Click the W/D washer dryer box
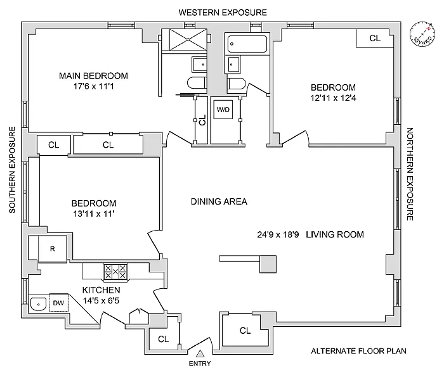[223, 110]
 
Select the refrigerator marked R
[53, 249]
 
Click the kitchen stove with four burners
[115, 272]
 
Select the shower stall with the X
[190, 40]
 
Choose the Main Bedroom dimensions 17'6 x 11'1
[93, 87]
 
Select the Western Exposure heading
[223, 12]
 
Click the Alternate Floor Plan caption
[358, 351]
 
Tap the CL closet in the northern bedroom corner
[375, 38]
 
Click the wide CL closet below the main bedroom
[108, 145]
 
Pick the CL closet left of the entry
[164, 339]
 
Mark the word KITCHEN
[101, 290]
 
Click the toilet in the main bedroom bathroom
[195, 82]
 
